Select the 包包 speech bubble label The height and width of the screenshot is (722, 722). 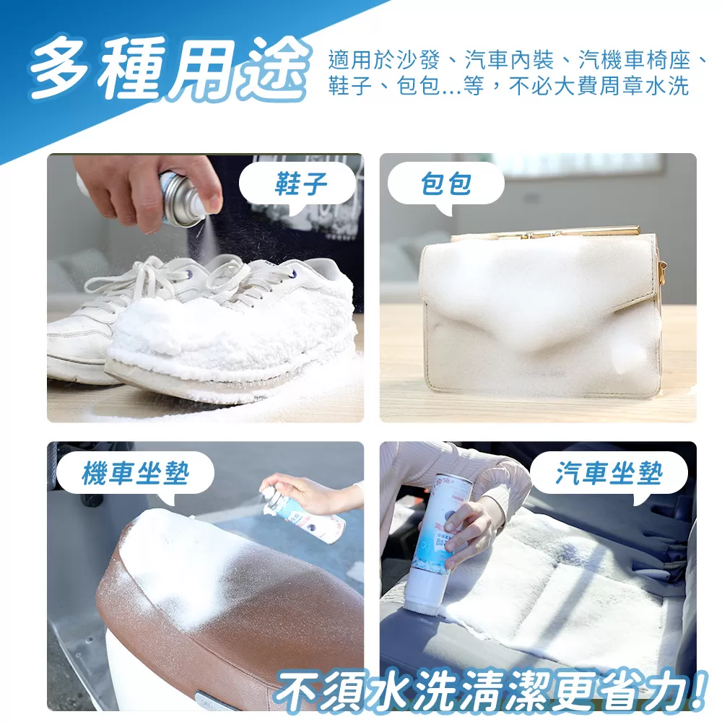coord(446,184)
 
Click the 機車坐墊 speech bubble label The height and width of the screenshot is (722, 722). coord(135,474)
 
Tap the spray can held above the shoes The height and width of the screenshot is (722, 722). coord(180,199)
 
